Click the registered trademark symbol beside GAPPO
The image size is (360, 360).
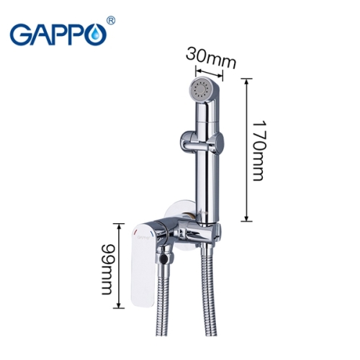(110, 21)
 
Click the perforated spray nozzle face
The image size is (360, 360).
(199, 91)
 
